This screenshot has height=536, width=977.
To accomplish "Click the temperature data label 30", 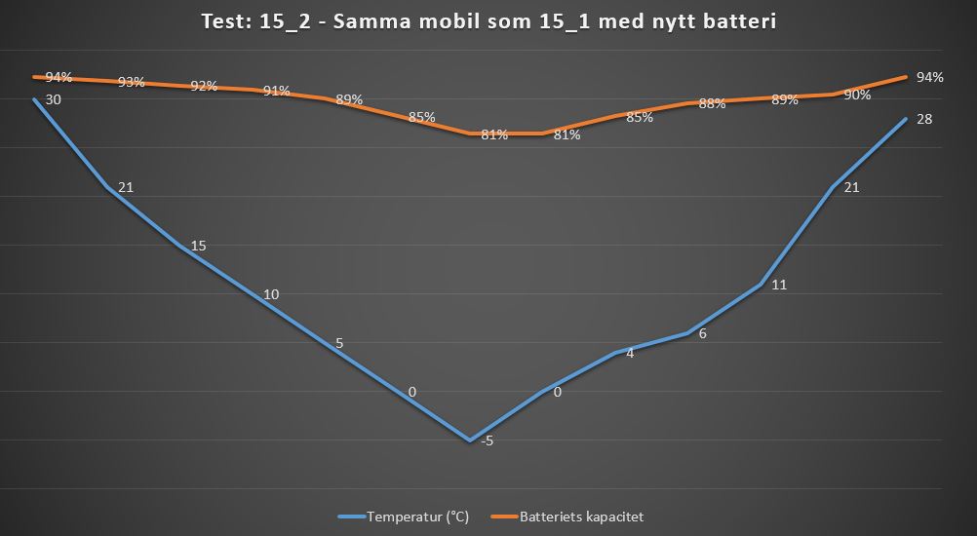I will [x=54, y=99].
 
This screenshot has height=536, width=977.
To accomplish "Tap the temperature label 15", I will [x=198, y=246].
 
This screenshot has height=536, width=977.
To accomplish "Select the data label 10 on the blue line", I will [x=271, y=294].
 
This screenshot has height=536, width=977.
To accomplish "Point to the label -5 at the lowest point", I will [x=487, y=440].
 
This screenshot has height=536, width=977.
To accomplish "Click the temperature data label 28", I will [x=925, y=119].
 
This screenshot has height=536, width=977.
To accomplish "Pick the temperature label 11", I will [x=778, y=285].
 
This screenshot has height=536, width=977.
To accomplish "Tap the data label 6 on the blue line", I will [x=703, y=333].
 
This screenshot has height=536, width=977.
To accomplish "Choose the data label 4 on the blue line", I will [x=630, y=353].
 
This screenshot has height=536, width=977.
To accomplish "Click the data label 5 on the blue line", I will [x=339, y=343].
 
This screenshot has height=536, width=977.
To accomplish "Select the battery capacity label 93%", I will [x=131, y=82].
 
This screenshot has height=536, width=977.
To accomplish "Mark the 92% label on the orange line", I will [x=204, y=86].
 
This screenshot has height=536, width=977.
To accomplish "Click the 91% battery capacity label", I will [x=276, y=92].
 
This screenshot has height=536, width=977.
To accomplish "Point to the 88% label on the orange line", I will [x=712, y=103].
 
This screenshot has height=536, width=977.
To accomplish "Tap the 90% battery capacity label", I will [x=857, y=95].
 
